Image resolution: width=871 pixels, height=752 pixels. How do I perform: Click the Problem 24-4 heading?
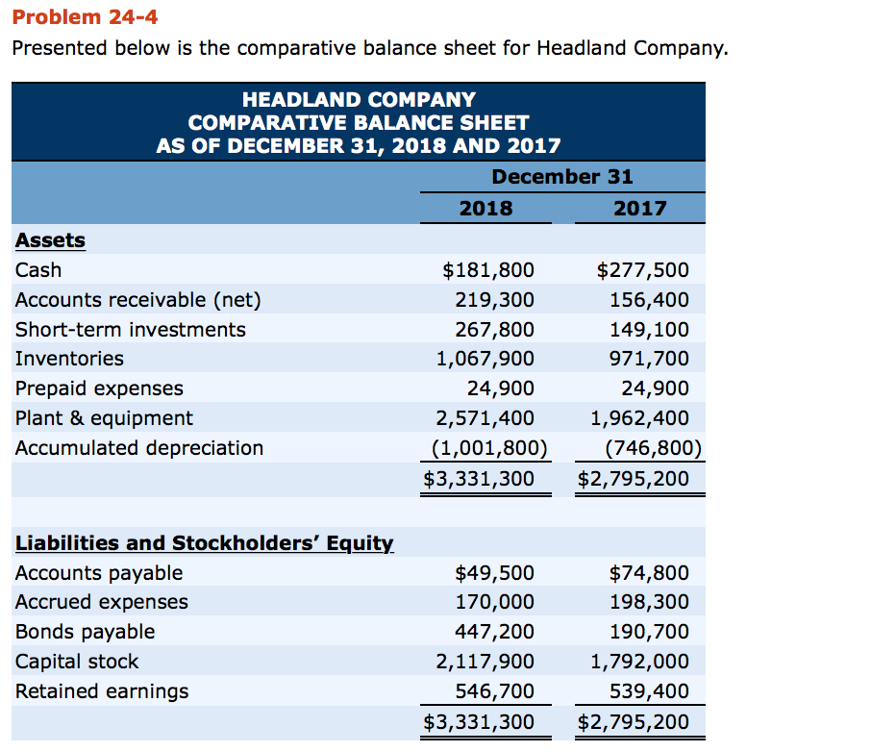point(85,16)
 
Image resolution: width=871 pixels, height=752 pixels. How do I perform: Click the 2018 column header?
point(485,208)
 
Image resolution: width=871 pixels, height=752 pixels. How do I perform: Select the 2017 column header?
point(640,208)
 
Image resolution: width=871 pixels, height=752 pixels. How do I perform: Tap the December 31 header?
point(562,176)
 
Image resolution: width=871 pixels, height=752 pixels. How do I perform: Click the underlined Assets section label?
point(50,240)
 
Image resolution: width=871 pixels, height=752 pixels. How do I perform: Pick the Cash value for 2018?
point(488,270)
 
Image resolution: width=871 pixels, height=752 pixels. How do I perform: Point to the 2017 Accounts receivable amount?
point(649,300)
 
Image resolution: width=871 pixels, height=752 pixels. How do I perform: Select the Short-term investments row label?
point(131,330)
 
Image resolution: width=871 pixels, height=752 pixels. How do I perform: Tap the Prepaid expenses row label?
point(99,389)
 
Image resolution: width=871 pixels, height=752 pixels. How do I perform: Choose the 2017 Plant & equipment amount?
point(639,418)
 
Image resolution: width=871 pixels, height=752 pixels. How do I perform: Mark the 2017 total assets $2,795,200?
point(635,478)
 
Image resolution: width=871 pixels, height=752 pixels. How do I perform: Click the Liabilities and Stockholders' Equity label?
point(205,543)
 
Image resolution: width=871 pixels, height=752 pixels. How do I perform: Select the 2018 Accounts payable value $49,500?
point(494,573)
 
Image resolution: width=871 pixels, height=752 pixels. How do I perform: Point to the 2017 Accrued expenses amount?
point(649,602)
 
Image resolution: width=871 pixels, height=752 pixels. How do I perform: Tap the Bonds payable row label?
point(85,632)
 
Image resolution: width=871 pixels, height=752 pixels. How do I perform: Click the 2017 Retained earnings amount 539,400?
point(649,690)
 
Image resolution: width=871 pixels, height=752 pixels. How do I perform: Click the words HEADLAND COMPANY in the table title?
point(359,100)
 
